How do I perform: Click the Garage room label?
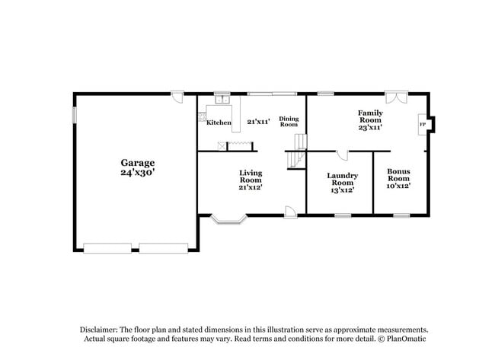[x=138, y=162]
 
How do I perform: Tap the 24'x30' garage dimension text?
[x=138, y=173]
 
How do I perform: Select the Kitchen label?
[x=219, y=123]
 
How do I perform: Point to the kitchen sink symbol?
[x=222, y=100]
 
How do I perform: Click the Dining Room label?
[x=289, y=121]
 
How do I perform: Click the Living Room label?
[x=251, y=177]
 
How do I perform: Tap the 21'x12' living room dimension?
[x=251, y=187]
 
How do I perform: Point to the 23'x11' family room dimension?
[x=370, y=127]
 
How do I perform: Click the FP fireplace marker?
[x=423, y=123]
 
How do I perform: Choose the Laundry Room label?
[x=343, y=179]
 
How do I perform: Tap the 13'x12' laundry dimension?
[x=343, y=190]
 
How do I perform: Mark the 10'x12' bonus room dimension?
[x=398, y=186]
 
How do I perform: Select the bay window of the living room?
[x=229, y=220]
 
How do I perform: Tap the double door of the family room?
[x=396, y=98]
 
